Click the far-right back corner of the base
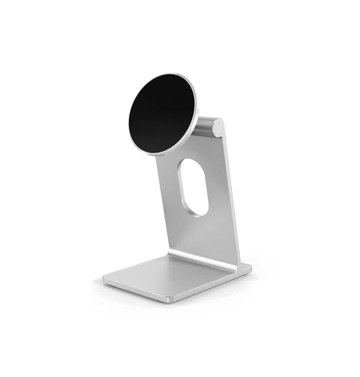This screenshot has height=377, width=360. click(250, 267)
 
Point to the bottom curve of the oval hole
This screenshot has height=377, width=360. click(194, 212)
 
